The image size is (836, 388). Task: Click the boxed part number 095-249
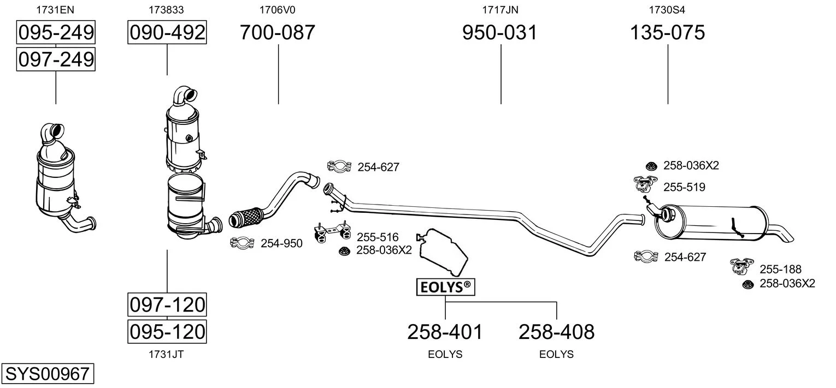pyautogui.click(x=56, y=32)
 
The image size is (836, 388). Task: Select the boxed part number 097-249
pyautogui.click(x=56, y=59)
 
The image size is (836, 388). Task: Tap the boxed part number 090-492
pyautogui.click(x=167, y=32)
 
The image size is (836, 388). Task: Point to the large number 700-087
pyautogui.click(x=277, y=32)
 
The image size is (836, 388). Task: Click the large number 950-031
pyautogui.click(x=500, y=32)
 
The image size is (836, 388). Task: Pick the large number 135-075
pyautogui.click(x=667, y=32)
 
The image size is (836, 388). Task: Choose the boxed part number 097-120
pyautogui.click(x=167, y=305)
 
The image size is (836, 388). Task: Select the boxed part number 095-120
pyautogui.click(x=167, y=331)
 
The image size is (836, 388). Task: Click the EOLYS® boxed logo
pyautogui.click(x=446, y=287)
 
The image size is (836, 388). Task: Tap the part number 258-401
pyautogui.click(x=445, y=332)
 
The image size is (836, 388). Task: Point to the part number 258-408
pyautogui.click(x=556, y=332)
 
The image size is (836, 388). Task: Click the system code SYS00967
pyautogui.click(x=48, y=373)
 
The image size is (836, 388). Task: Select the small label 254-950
pyautogui.click(x=281, y=243)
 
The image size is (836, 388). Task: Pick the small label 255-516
pyautogui.click(x=378, y=237)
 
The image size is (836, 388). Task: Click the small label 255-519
pyautogui.click(x=684, y=187)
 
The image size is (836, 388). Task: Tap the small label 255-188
pyautogui.click(x=780, y=269)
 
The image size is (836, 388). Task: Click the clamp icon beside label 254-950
pyautogui.click(x=242, y=243)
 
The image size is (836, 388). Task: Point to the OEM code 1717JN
pyautogui.click(x=500, y=10)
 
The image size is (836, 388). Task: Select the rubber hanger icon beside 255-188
pyautogui.click(x=741, y=266)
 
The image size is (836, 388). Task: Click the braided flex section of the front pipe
pyautogui.click(x=246, y=217)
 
